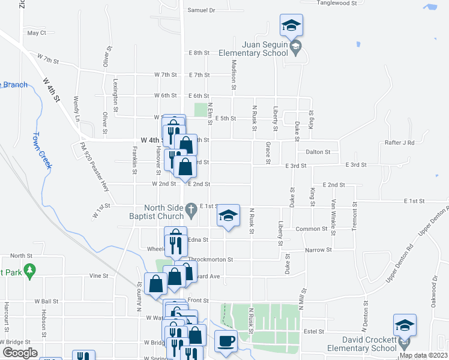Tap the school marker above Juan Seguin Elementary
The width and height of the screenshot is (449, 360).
click(291, 25)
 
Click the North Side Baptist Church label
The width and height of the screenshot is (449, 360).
click(157, 212)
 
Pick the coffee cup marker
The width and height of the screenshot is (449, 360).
click(226, 341)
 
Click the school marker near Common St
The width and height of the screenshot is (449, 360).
click(228, 216)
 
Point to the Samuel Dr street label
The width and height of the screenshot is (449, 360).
click(201, 10)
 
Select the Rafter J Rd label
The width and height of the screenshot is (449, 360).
click(400, 143)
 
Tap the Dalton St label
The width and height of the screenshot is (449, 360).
click(318, 152)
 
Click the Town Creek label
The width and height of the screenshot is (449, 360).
click(41, 151)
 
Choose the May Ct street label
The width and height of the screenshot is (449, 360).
click(37, 33)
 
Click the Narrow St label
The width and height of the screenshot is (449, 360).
click(318, 250)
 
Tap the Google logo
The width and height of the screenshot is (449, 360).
click(19, 353)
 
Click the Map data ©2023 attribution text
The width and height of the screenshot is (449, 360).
click(423, 355)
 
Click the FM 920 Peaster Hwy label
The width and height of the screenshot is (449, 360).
click(96, 167)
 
